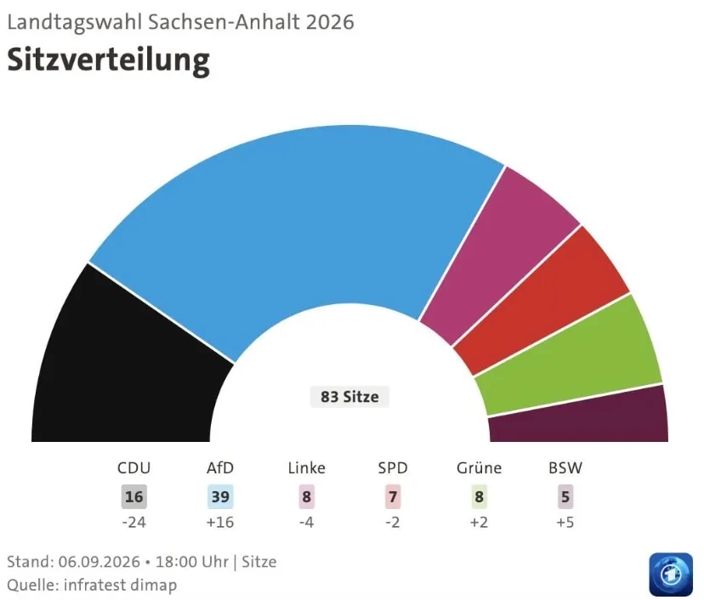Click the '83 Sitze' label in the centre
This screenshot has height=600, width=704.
click(x=349, y=397)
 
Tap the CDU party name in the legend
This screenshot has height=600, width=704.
click(x=133, y=468)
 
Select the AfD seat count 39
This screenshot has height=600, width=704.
click(x=220, y=497)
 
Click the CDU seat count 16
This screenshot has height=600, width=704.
click(x=133, y=497)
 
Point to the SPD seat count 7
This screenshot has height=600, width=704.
click(x=393, y=497)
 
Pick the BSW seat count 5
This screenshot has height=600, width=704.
click(x=565, y=497)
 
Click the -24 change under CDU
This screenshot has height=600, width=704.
click(x=133, y=523)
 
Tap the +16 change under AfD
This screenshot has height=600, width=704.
click(x=220, y=523)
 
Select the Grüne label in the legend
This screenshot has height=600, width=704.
click(x=479, y=468)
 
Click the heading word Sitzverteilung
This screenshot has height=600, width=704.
click(x=109, y=60)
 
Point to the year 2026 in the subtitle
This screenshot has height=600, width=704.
click(x=331, y=22)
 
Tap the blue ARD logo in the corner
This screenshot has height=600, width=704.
click(x=671, y=575)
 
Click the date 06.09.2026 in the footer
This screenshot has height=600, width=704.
click(x=99, y=562)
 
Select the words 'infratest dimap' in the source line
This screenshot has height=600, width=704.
click(x=121, y=586)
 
